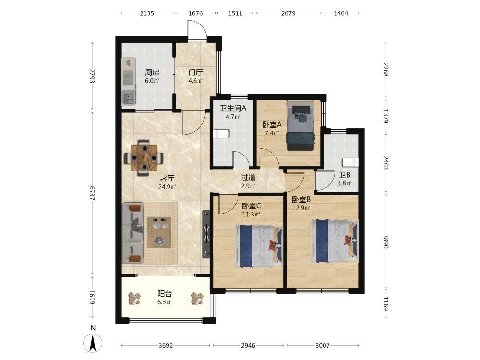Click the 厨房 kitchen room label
152,72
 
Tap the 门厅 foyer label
195,72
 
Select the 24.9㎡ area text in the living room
167,186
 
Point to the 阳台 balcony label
165,294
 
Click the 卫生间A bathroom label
233,108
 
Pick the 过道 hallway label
248,178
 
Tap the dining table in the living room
144,157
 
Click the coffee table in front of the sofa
159,232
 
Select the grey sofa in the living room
132,233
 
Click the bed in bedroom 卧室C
259,243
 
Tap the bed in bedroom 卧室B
334,241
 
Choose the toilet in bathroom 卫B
350,162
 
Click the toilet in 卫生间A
221,134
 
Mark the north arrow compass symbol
93,343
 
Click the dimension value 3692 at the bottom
166,345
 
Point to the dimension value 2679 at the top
288,13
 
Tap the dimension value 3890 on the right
385,241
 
